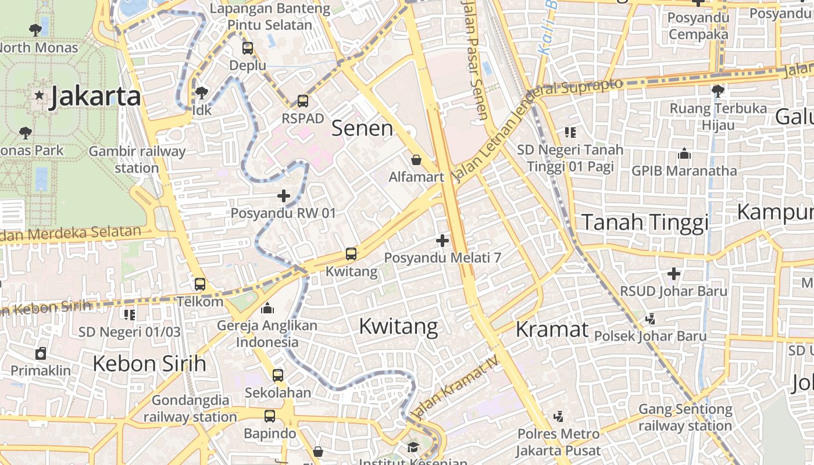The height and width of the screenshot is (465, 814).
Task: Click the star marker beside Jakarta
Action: tap(39, 95)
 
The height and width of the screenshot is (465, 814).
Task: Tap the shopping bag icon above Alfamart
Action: tap(416, 160)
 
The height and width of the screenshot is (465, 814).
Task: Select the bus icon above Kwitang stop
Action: tap(351, 254)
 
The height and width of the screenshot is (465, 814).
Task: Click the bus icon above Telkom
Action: tap(200, 284)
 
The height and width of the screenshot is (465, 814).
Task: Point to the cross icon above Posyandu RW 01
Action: tap(283, 196)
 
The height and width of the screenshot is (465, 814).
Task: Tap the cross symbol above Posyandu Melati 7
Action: tap(442, 240)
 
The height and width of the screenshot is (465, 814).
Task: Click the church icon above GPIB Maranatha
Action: tap(684, 154)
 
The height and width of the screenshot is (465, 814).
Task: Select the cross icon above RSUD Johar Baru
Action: tap(674, 273)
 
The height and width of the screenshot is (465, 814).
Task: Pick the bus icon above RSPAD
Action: tap(303, 101)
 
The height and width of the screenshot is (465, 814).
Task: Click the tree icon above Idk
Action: tap(202, 92)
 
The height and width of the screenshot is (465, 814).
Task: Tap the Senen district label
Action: tap(362, 128)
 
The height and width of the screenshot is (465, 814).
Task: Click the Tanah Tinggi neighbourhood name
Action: tap(645, 222)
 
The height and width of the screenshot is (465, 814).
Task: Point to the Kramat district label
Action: tap(552, 330)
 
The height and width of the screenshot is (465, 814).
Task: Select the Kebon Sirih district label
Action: tap(149, 364)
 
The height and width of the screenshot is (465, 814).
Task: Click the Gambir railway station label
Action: tap(137, 160)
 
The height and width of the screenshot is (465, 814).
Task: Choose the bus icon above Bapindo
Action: tap(270, 416)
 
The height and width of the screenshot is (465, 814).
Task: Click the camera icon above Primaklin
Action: tap(41, 353)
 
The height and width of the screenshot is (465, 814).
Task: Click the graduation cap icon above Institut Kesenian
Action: tap(413, 447)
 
